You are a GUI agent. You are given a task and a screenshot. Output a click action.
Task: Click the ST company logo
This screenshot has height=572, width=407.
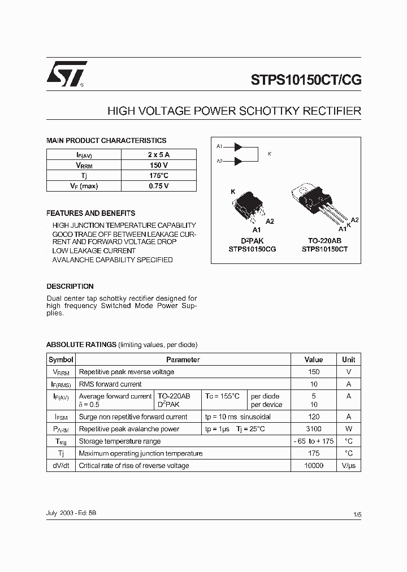tap(66, 74)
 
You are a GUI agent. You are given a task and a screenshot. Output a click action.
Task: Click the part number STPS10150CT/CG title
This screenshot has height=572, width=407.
tap(306, 80)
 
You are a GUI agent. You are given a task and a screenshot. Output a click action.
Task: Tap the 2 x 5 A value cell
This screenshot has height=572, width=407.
tap(158, 154)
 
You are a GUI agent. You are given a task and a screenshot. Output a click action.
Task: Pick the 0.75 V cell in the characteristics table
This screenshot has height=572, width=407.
tap(158, 186)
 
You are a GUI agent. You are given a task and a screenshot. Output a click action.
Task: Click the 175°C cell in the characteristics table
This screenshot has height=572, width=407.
tap(158, 176)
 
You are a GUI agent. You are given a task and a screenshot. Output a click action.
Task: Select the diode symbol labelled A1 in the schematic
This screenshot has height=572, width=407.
tap(238, 147)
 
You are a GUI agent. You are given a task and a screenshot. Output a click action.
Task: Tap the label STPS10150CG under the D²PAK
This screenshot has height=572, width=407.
tap(252, 249)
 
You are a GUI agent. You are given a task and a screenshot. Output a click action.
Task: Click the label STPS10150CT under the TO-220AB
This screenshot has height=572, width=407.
tap(325, 249)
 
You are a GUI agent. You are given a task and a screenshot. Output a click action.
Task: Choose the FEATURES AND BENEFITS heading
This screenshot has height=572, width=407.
tap(90, 214)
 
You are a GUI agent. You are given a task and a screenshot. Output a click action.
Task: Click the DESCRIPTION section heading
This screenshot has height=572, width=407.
tap(70, 287)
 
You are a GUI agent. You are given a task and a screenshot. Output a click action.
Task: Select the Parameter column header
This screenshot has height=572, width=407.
tap(183, 359)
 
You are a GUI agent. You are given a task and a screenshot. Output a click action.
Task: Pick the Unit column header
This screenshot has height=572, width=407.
tap(349, 359)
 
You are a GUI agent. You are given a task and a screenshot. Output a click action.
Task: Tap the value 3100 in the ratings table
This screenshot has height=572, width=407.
tap(314, 429)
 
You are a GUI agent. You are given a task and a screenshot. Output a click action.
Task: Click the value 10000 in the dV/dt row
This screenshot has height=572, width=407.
tap(314, 466)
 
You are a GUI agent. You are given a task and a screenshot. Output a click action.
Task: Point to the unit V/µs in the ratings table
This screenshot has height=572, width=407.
tap(349, 466)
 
